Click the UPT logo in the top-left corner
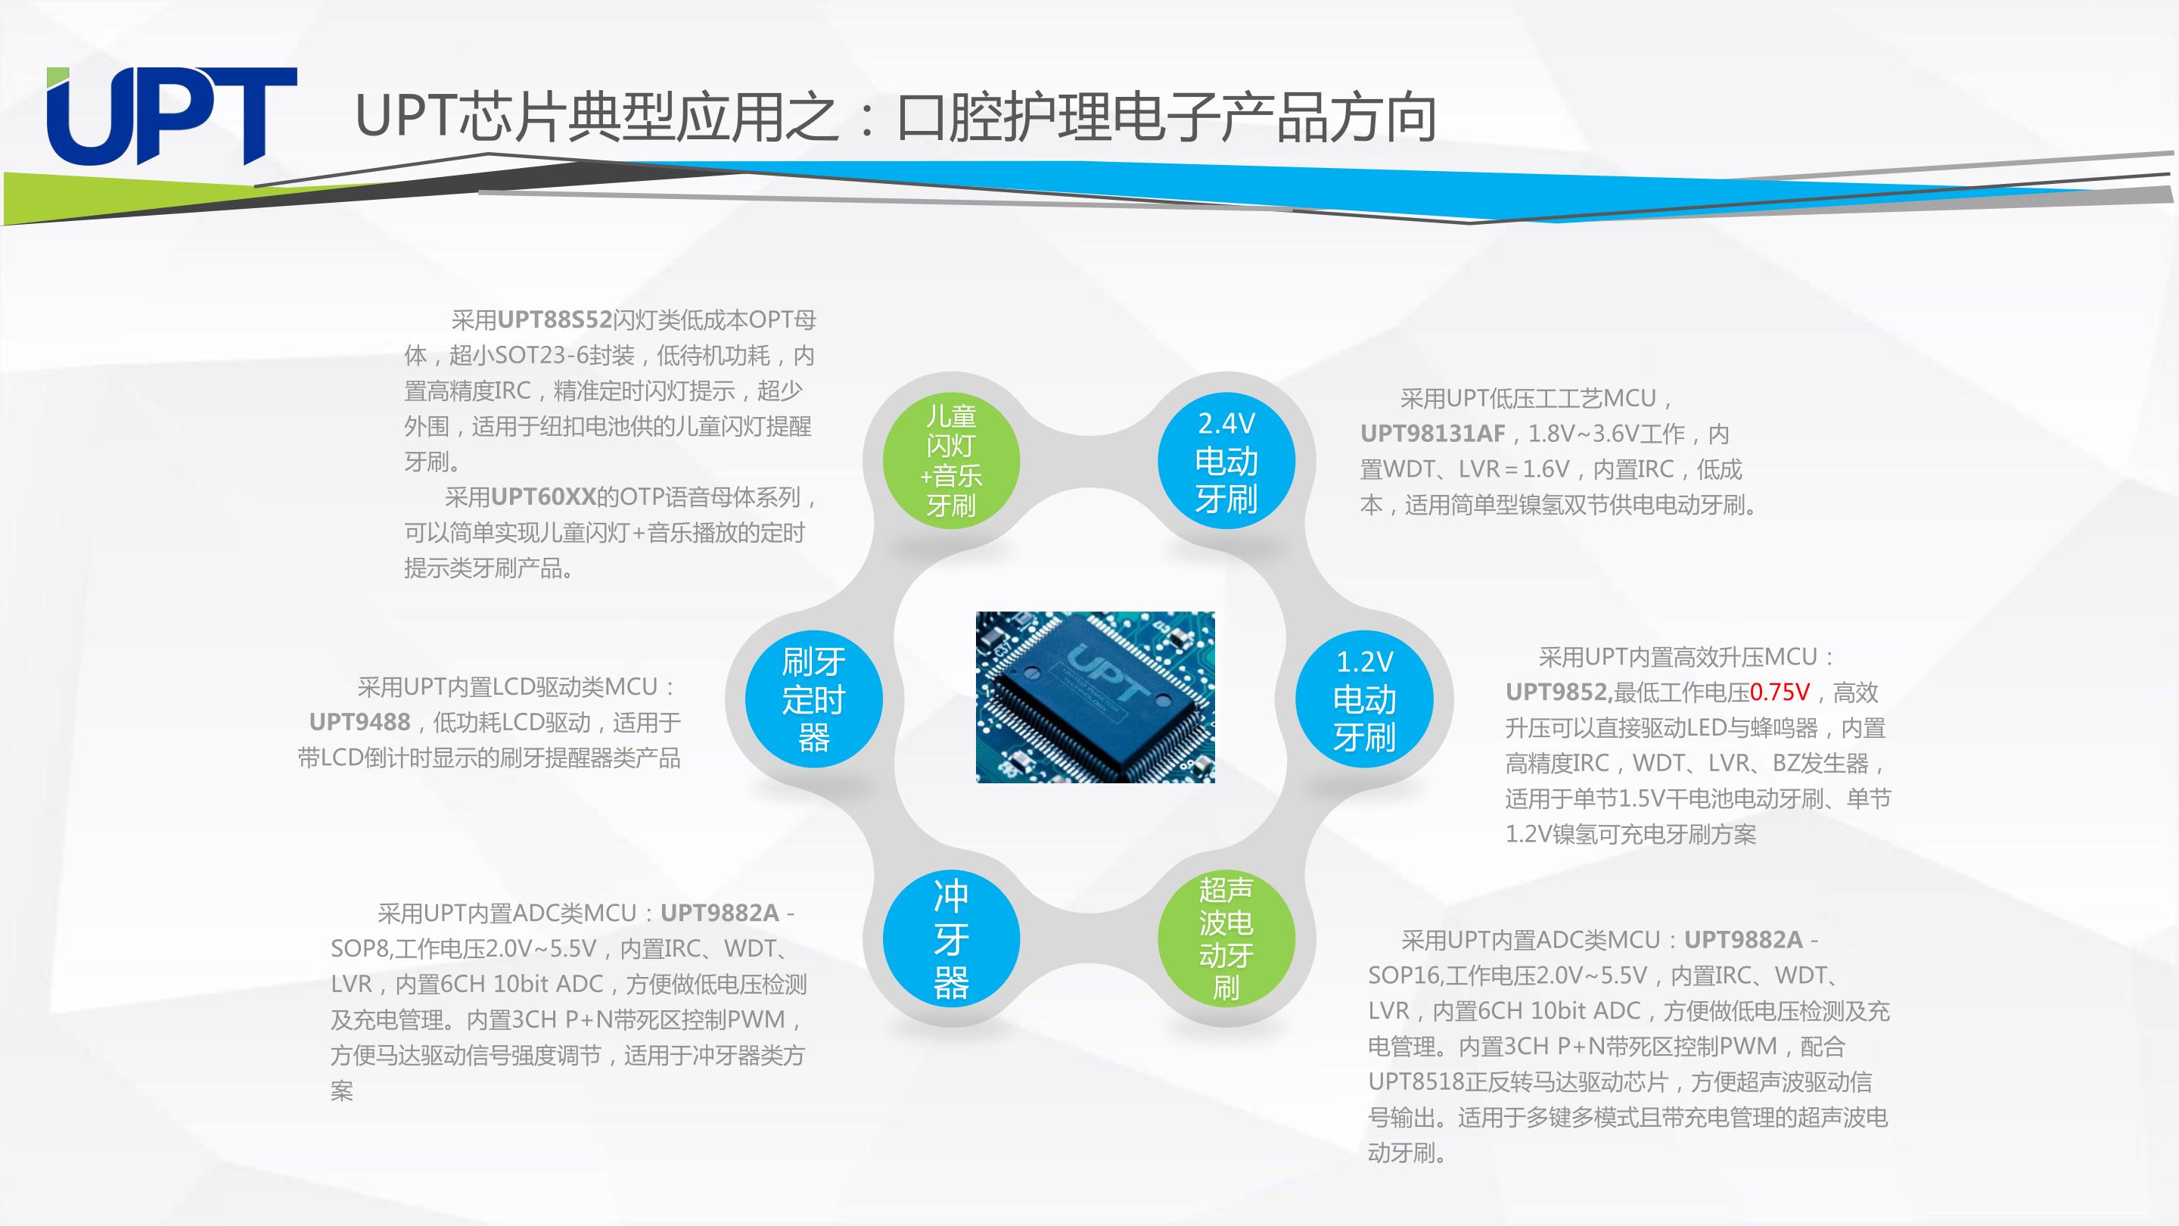tap(172, 116)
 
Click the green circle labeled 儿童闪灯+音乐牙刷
tap(952, 461)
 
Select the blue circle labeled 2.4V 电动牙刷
tap(1226, 461)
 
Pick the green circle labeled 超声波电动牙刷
tap(1226, 938)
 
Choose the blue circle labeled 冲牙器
tap(952, 938)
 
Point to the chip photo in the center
tap(1096, 697)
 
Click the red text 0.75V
tap(1780, 692)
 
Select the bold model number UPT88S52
tap(555, 320)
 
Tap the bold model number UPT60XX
tap(544, 496)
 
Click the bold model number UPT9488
tap(359, 722)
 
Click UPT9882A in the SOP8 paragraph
tap(720, 913)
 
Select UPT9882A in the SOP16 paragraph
tap(1743, 940)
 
